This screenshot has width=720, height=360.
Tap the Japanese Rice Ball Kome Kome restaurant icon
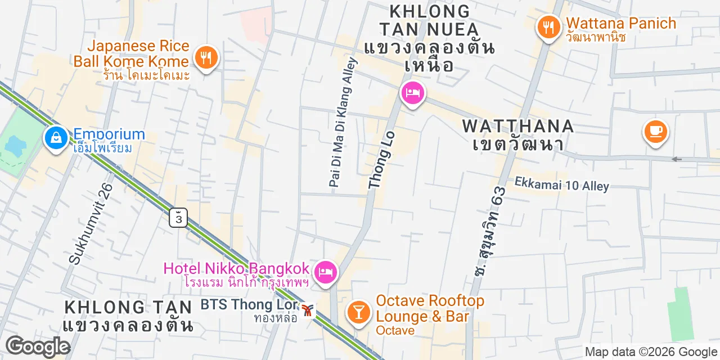point(206,57)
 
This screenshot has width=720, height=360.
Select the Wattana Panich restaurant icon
point(547,26)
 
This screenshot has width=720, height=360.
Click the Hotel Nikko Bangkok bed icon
point(325,273)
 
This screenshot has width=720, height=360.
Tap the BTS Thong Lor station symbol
point(307,310)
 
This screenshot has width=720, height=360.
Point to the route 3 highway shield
point(178,217)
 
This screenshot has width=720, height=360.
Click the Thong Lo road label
point(382,160)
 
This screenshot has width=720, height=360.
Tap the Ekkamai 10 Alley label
point(561,184)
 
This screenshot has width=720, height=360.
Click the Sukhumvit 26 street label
point(91,223)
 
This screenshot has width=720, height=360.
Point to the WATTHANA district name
point(518,126)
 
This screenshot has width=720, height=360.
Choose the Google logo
point(38,346)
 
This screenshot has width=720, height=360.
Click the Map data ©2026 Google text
point(651,352)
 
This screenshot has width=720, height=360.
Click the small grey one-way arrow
point(677,159)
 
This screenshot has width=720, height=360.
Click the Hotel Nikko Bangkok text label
point(236,268)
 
